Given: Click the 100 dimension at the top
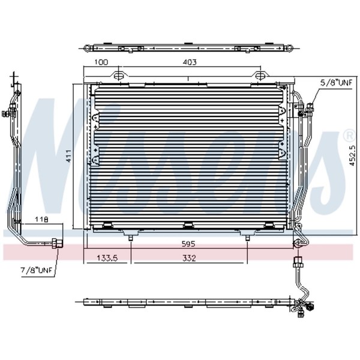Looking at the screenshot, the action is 101,62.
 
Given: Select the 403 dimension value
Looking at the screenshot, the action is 190,62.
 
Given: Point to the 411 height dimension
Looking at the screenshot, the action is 68,156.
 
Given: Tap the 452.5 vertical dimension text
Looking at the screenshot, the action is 352,155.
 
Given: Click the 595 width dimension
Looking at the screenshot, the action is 188,244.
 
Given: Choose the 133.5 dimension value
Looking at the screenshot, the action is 107,258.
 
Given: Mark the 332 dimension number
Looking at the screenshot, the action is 189,258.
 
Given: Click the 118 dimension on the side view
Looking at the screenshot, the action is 41,219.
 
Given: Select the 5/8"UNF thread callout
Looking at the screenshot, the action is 336,83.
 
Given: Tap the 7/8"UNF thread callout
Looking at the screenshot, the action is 37,270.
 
